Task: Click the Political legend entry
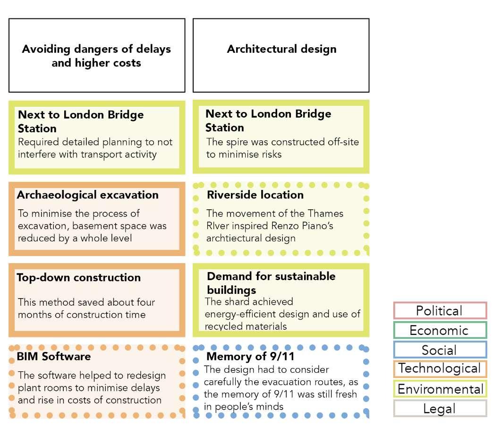(440, 311)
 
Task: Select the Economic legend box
(440, 330)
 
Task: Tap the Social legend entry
(440, 350)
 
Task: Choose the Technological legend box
(440, 369)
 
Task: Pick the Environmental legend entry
(440, 389)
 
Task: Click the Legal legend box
(440, 409)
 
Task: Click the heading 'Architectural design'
(281, 49)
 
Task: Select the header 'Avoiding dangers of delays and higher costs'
(96, 56)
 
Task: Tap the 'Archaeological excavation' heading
(88, 195)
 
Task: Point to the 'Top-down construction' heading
(79, 277)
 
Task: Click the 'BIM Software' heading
(54, 356)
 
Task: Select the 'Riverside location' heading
(255, 195)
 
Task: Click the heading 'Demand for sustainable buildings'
(271, 283)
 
